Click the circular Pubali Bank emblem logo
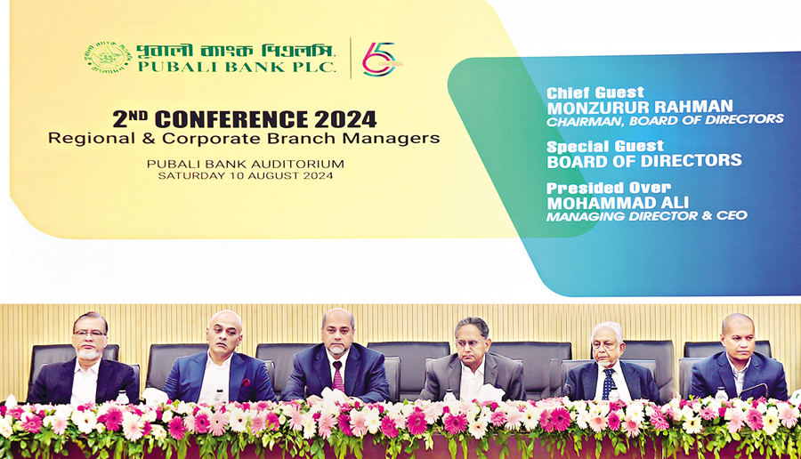(108, 57)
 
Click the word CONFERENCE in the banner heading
(232, 119)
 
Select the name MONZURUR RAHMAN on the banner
(640, 108)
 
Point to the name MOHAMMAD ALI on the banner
(618, 203)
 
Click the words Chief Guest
(595, 93)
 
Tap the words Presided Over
(609, 188)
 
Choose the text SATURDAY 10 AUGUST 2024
(246, 175)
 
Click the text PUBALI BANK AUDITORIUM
(246, 164)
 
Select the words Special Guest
(605, 147)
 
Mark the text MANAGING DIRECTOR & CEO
(647, 216)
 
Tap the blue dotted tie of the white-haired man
(607, 383)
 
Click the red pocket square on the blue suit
(246, 382)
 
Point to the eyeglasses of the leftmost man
(90, 334)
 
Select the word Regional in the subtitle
(92, 139)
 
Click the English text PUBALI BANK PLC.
(237, 67)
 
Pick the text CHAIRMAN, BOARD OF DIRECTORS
(665, 120)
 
